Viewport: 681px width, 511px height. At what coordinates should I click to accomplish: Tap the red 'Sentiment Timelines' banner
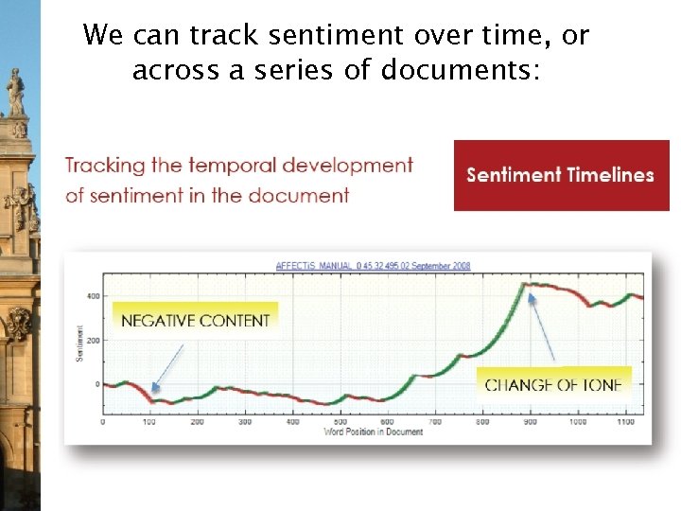click(x=561, y=175)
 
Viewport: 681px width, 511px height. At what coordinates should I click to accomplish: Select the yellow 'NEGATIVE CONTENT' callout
click(x=195, y=320)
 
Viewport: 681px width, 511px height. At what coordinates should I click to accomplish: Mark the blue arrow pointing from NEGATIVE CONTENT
click(x=167, y=367)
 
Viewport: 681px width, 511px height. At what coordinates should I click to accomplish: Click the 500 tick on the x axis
click(x=340, y=422)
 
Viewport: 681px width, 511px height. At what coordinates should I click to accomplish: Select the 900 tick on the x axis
click(x=530, y=422)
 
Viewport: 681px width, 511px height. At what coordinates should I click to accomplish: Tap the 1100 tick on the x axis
click(x=624, y=422)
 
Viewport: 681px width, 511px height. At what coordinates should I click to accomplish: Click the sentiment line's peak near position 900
click(x=530, y=284)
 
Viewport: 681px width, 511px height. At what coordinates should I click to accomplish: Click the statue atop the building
click(x=16, y=93)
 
